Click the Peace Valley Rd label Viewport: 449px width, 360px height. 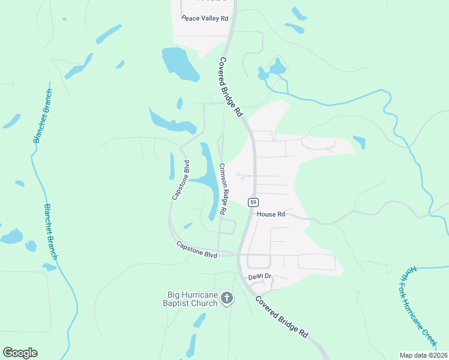pos(205,19)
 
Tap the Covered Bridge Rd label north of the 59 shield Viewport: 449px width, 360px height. pos(231,87)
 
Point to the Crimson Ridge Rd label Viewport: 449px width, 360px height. pos(221,189)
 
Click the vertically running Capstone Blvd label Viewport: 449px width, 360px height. pos(181,180)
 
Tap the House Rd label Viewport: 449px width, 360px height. pos(271,214)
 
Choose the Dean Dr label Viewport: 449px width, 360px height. pos(261,277)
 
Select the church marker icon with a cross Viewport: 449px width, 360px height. pos(227,298)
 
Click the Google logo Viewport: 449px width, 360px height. pos(20,353)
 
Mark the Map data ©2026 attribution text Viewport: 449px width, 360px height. pos(423,355)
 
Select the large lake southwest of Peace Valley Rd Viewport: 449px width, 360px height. pos(179,64)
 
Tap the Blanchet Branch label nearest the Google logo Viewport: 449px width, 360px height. pos(50,231)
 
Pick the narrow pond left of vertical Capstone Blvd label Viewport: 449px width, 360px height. pos(172,166)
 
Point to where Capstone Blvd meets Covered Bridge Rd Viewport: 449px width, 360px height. pos(238,254)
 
